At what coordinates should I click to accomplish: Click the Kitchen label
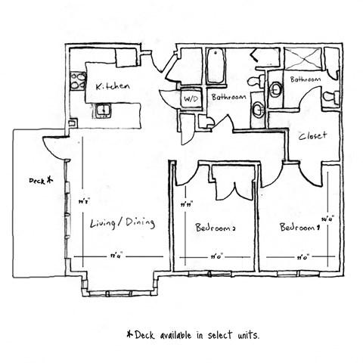pyautogui.click(x=113, y=87)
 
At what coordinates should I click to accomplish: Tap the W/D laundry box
pyautogui.click(x=189, y=98)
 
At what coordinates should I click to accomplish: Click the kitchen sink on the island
pyautogui.click(x=102, y=112)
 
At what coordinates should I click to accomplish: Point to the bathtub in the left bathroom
pyautogui.click(x=216, y=66)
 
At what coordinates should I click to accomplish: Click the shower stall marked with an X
pyautogui.click(x=301, y=60)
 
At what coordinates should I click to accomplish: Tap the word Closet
pyautogui.click(x=312, y=136)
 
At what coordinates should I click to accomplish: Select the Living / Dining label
pyautogui.click(x=122, y=222)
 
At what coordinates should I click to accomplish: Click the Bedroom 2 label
pyautogui.click(x=216, y=227)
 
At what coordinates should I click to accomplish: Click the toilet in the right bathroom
pyautogui.click(x=330, y=98)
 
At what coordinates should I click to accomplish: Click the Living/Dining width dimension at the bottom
pyautogui.click(x=116, y=257)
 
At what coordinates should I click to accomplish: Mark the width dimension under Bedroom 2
pyautogui.click(x=216, y=257)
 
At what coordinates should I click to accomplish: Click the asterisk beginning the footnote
pyautogui.click(x=129, y=333)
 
